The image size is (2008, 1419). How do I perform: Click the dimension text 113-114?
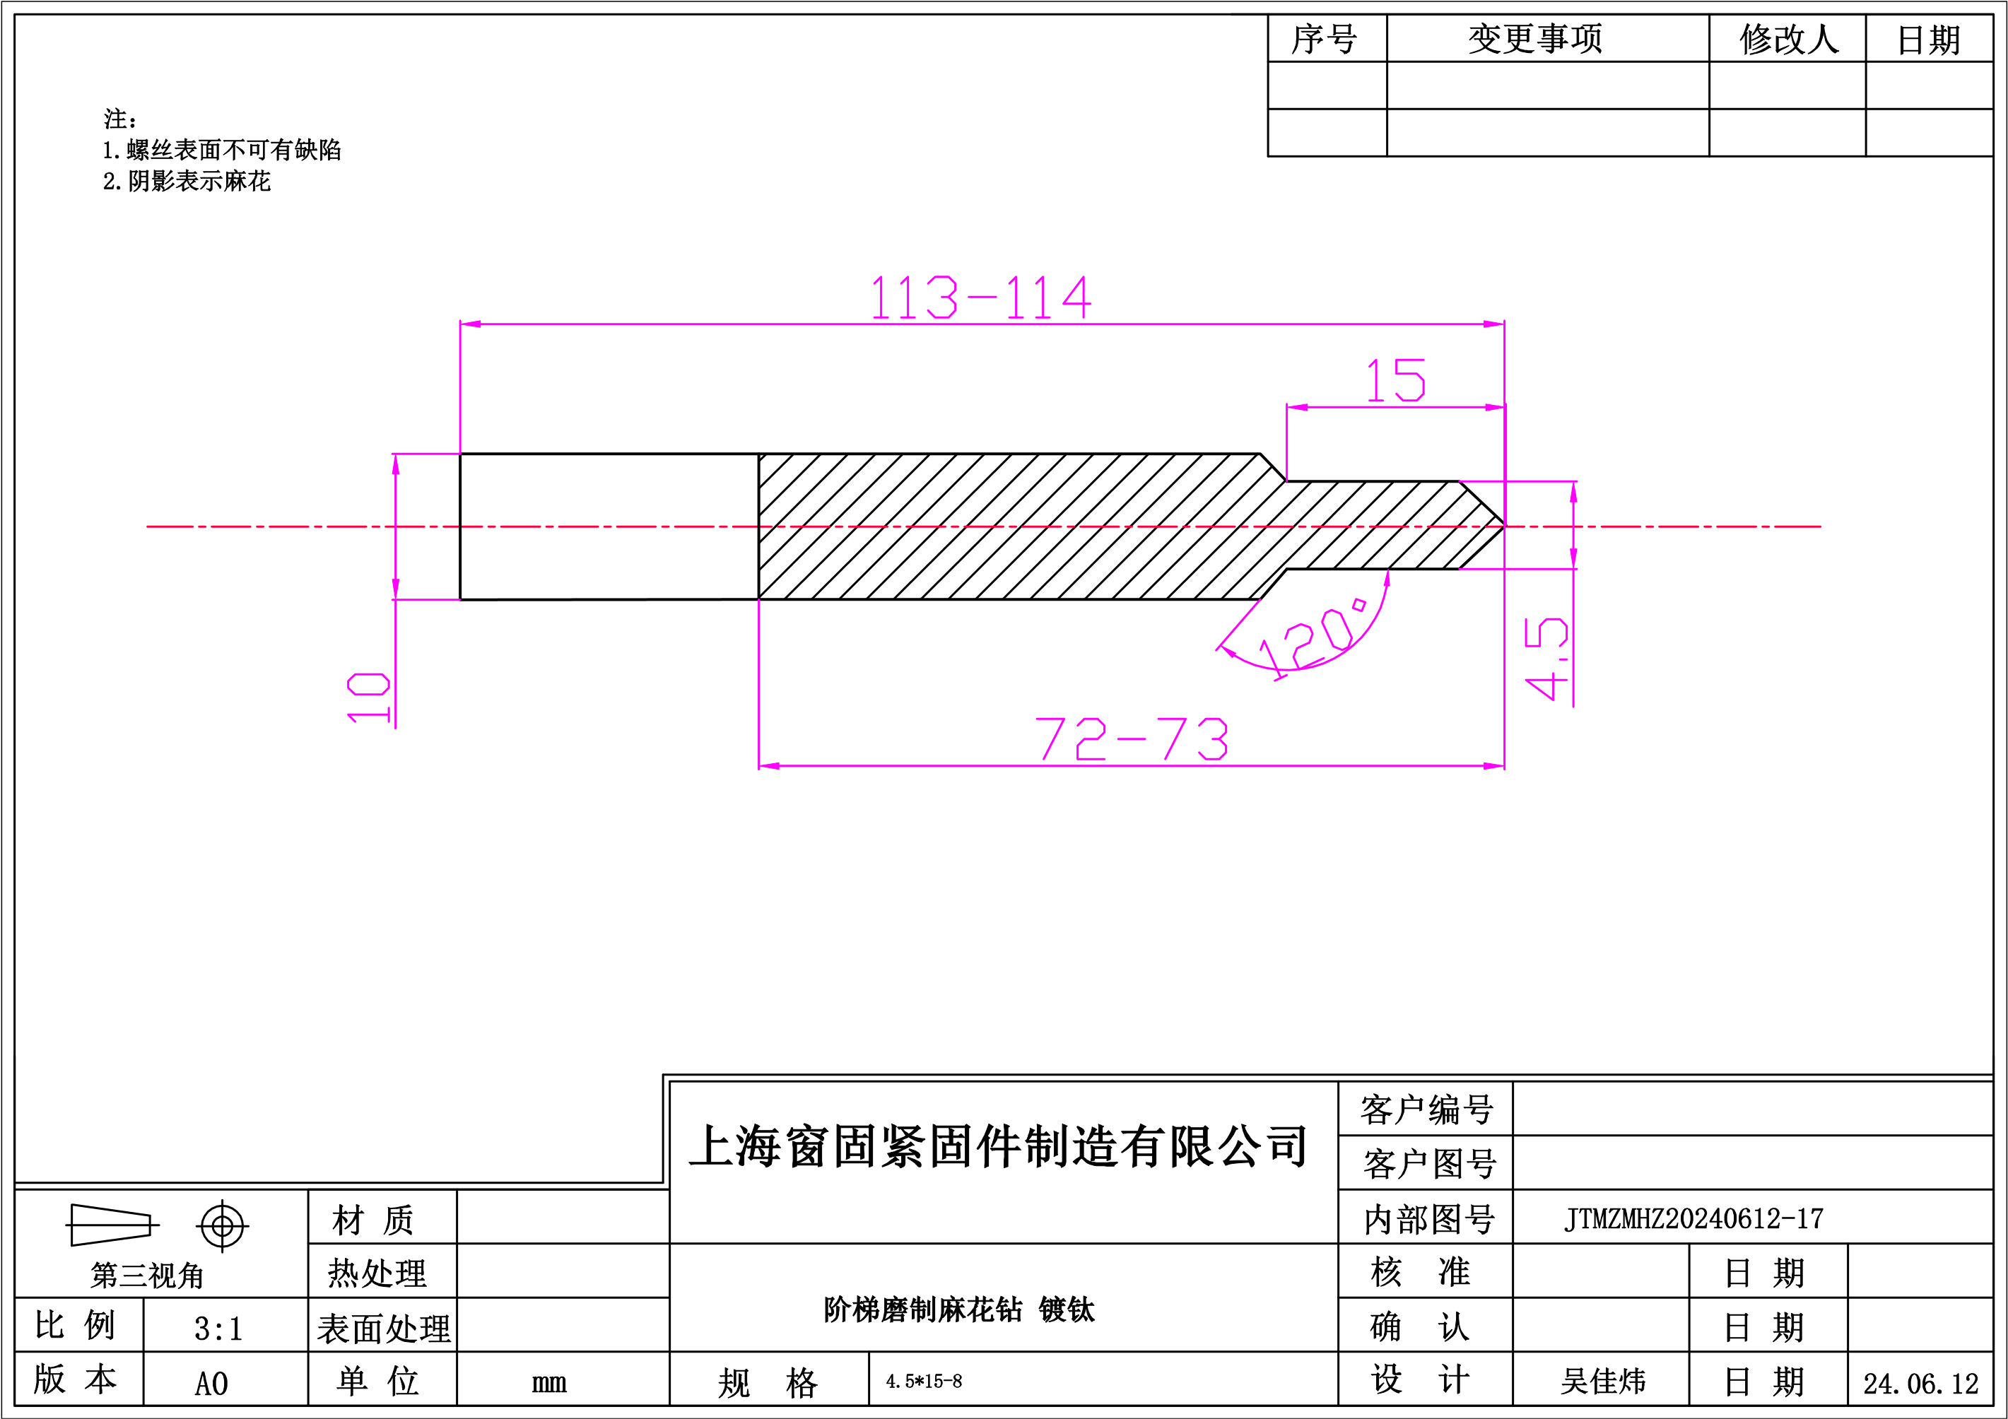click(x=980, y=298)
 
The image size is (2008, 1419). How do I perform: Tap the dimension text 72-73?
click(x=1132, y=738)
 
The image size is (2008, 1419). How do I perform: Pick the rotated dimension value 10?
click(x=368, y=697)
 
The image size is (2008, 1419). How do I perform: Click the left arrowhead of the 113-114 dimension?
click(x=471, y=324)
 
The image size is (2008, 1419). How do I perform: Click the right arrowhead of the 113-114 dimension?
click(x=1493, y=324)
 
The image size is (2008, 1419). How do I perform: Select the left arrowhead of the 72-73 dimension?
click(x=770, y=766)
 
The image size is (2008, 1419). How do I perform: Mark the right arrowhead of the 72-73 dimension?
click(x=1493, y=766)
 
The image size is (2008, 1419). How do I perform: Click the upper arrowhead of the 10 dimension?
click(x=397, y=464)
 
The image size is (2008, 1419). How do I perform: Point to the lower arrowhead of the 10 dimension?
click(x=397, y=589)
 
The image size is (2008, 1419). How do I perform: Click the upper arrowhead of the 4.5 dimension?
click(x=1574, y=493)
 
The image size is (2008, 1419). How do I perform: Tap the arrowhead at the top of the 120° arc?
click(x=1387, y=579)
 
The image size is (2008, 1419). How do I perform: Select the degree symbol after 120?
click(x=1359, y=605)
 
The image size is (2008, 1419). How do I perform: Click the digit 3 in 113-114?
click(x=941, y=298)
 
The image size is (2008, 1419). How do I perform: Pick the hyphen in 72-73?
click(x=1132, y=740)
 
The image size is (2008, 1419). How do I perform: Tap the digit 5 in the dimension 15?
click(x=1411, y=380)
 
